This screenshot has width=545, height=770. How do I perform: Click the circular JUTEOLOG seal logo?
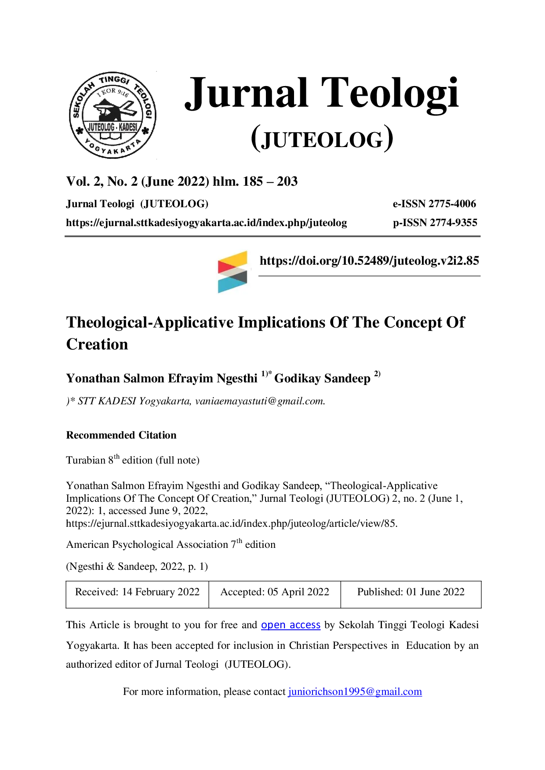[113, 115]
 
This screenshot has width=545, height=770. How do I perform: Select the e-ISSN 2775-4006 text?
[434, 204]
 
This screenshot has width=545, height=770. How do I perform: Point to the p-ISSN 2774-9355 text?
[435, 223]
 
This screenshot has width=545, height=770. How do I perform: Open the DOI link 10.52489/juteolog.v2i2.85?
[369, 261]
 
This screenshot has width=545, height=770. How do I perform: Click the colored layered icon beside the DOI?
[233, 272]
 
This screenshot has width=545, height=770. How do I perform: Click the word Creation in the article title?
[97, 345]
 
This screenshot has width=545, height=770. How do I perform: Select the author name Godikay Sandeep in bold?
[322, 378]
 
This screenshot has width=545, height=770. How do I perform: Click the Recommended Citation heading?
[121, 435]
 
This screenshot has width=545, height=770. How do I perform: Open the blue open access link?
[291, 625]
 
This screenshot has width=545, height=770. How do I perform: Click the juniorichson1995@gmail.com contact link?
[355, 692]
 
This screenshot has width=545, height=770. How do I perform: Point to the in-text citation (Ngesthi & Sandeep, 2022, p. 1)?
[137, 566]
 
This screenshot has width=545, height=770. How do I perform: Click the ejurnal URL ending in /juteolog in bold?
[207, 223]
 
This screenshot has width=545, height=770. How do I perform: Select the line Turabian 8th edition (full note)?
[133, 459]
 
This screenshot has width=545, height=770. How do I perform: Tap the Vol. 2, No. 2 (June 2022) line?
[182, 181]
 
